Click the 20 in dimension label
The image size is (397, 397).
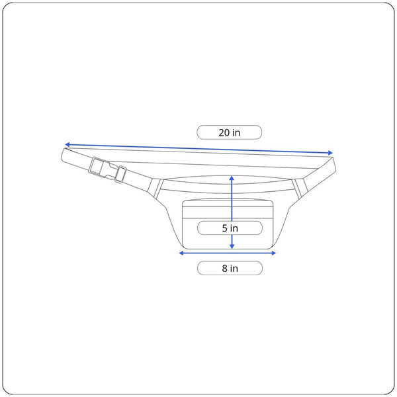coord(229,132)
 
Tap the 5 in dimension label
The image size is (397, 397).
coord(230,228)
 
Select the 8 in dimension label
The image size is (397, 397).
coord(230,268)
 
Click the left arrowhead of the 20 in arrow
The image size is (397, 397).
coord(67,144)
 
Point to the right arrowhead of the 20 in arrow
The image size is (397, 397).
coord(330,153)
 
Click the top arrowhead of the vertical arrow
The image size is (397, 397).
coord(232,178)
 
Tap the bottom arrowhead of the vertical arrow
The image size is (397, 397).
coord(232,246)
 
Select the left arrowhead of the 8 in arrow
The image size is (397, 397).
coord(181,253)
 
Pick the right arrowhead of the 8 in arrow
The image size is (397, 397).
coord(273,253)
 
